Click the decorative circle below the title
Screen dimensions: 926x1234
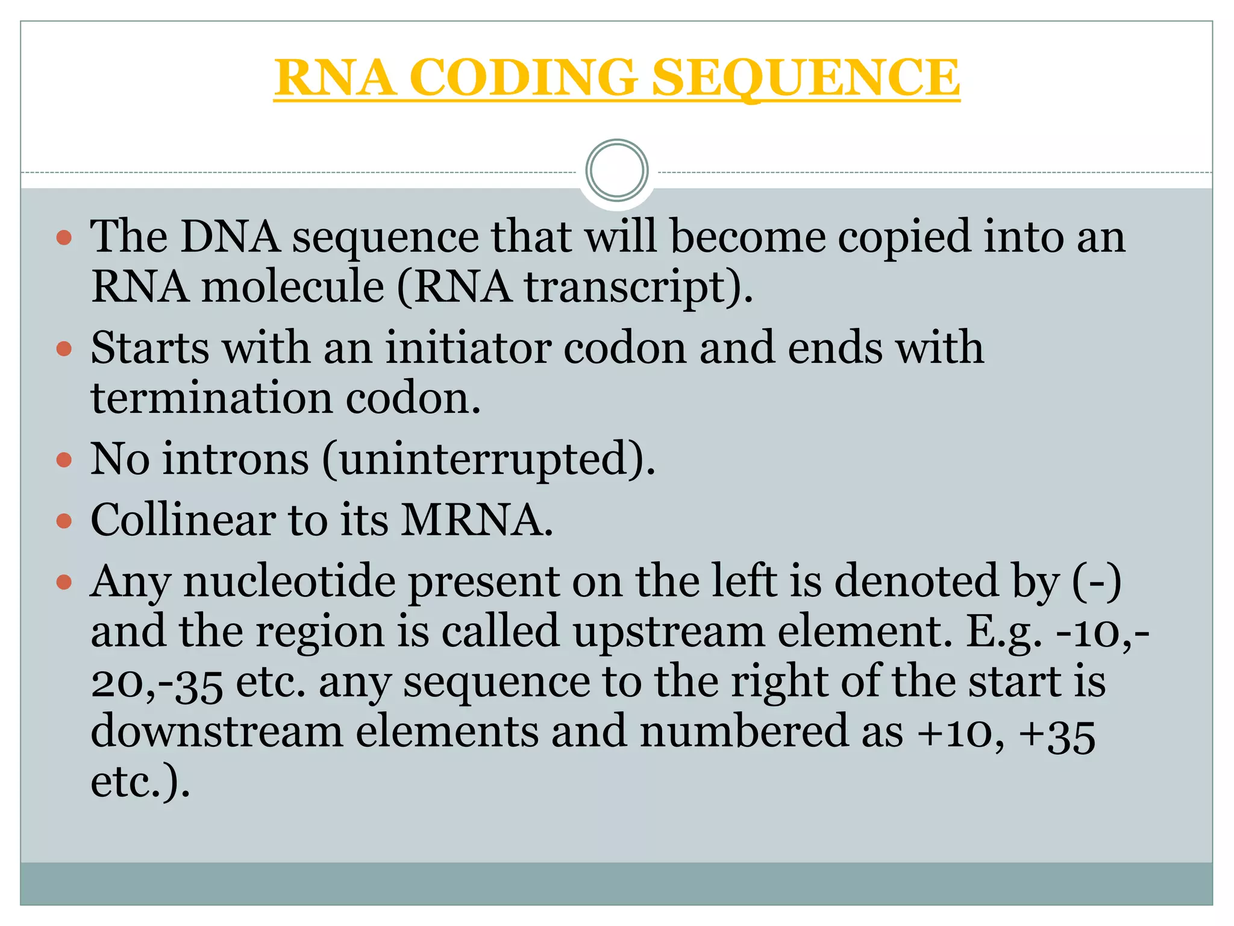pyautogui.click(x=616, y=170)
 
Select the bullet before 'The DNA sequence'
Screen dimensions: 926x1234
pyautogui.click(x=64, y=238)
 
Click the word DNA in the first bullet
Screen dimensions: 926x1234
pyautogui.click(x=230, y=236)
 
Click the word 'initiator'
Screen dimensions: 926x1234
pyautogui.click(x=468, y=348)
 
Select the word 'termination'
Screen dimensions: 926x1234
pyautogui.click(x=211, y=398)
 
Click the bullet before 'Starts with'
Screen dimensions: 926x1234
pyautogui.click(x=64, y=349)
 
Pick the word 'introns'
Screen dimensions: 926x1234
pyautogui.click(x=236, y=459)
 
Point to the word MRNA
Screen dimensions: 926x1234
pyautogui.click(x=476, y=520)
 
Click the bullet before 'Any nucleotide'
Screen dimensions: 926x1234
pyautogui.click(x=64, y=582)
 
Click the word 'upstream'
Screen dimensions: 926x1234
pyautogui.click(x=668, y=632)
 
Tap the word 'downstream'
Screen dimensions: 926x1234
pyautogui.click(x=216, y=732)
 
